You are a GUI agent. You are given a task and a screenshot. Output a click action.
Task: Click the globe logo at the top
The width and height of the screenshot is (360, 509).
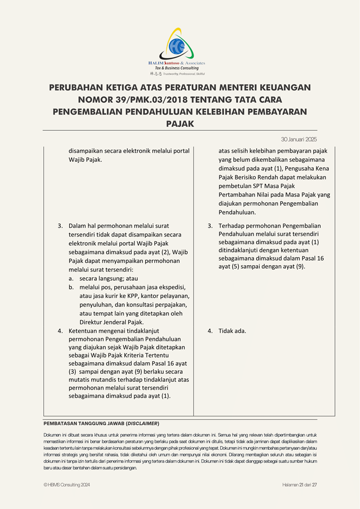point(179,45)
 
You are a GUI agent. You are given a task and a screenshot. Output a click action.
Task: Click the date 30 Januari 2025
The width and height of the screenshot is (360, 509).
point(299,139)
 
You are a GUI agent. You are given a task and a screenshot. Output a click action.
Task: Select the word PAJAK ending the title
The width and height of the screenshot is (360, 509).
point(180,123)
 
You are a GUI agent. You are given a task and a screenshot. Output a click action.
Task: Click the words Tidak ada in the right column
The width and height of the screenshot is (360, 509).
point(232,331)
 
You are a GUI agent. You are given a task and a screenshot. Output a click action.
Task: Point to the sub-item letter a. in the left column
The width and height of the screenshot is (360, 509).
point(72,278)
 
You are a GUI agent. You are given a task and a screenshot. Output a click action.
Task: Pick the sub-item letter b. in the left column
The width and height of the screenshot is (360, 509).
point(72,288)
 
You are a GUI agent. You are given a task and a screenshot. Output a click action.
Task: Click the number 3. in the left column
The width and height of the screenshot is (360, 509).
point(60,225)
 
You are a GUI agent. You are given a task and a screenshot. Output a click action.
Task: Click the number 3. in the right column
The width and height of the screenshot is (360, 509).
point(210,225)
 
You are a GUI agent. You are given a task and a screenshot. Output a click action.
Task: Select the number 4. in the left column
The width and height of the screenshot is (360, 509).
point(60,331)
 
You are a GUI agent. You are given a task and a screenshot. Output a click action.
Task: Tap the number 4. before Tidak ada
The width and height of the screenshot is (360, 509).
point(210,331)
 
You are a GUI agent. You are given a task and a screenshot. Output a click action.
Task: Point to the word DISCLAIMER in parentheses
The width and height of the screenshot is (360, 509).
point(143,423)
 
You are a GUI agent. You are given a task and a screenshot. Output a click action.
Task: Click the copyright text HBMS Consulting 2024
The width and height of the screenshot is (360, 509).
point(69,485)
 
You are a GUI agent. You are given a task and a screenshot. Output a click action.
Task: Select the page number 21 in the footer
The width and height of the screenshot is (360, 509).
point(302,485)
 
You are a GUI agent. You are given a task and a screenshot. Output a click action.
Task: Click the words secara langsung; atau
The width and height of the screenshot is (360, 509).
point(108,278)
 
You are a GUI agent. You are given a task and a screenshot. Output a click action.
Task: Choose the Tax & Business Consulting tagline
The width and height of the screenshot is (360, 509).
point(177,68)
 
